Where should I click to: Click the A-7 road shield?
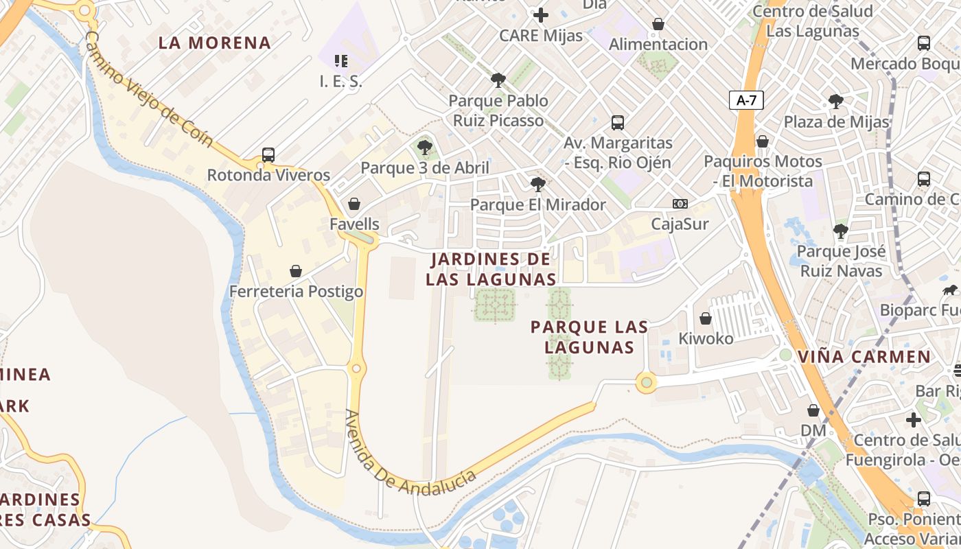click(746, 100)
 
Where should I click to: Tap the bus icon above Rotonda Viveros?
click(268, 155)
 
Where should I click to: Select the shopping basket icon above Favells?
click(354, 204)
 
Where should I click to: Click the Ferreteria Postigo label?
click(296, 292)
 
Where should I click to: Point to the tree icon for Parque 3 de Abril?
click(425, 147)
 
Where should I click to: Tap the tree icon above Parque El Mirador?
click(537, 184)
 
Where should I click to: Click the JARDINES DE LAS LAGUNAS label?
click(490, 269)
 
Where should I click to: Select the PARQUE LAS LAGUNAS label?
click(589, 337)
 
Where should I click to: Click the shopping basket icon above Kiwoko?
click(706, 318)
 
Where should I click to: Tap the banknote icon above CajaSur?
click(680, 204)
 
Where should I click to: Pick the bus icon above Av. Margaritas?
click(618, 123)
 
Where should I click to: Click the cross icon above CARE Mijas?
click(541, 14)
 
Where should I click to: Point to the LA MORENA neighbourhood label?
click(215, 43)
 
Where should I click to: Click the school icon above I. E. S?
click(340, 61)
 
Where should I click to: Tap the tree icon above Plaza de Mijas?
click(836, 102)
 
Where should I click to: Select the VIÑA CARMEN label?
click(865, 357)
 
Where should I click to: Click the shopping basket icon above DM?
click(813, 410)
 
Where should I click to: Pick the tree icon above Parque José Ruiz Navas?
click(841, 231)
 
